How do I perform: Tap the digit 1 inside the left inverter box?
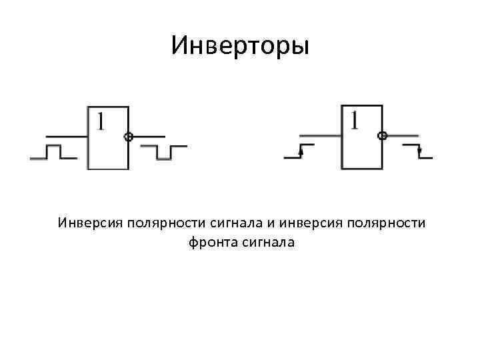click(x=100, y=121)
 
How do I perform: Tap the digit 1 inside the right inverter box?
click(x=354, y=120)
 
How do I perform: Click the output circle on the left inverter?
click(x=129, y=137)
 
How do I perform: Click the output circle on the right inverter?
click(x=382, y=136)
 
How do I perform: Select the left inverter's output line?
click(x=149, y=137)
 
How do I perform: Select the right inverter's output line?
click(x=403, y=136)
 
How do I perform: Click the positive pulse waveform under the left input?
click(x=53, y=151)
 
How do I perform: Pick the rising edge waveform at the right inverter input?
click(x=299, y=151)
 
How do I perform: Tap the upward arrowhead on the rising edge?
click(x=302, y=152)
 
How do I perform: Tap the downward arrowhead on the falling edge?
click(x=419, y=151)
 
